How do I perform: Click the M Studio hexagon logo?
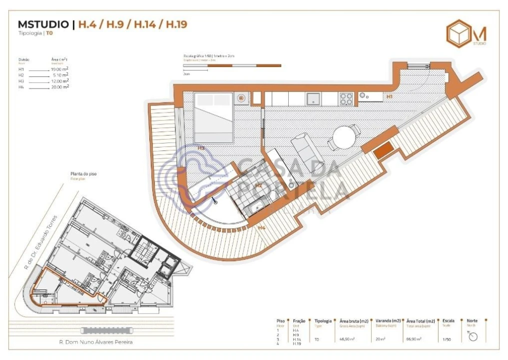459,33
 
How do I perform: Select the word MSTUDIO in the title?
43,24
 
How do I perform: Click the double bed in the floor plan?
213,118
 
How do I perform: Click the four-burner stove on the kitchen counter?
346,99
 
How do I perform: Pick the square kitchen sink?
313,98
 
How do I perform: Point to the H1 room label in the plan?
389,96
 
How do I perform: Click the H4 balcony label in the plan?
261,228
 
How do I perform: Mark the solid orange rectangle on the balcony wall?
384,149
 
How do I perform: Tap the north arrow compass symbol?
473,336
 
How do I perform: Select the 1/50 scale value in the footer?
447,339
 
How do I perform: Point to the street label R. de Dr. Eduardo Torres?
41,242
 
